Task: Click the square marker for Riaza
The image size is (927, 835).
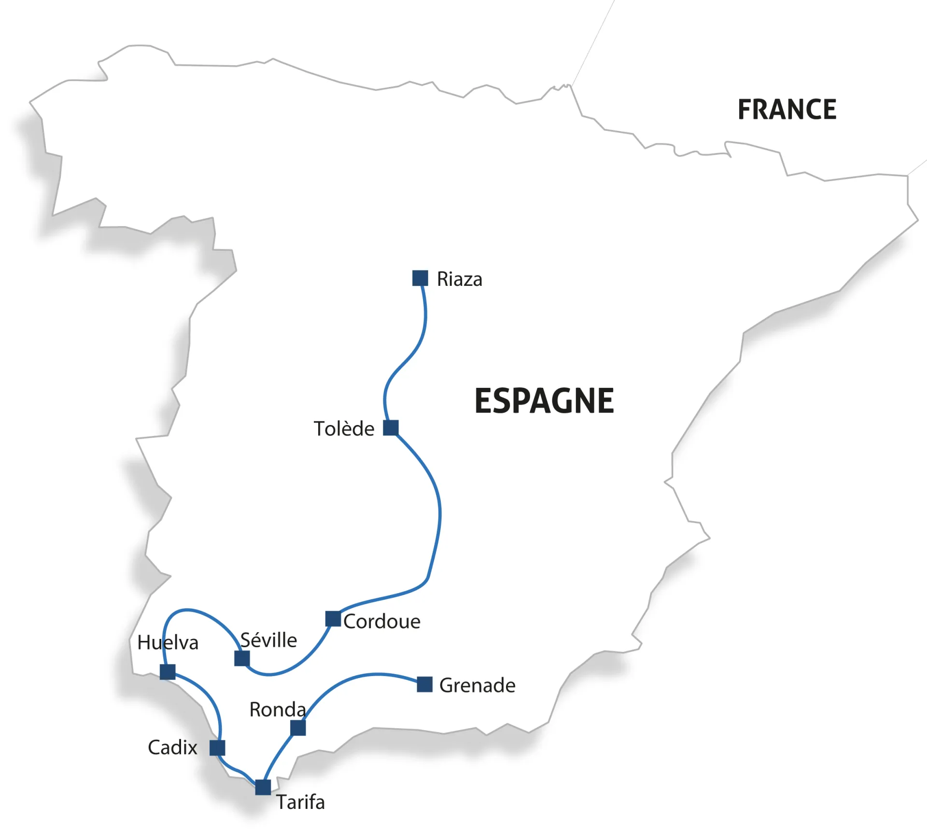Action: [x=420, y=278]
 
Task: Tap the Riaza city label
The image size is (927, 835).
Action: [x=459, y=280]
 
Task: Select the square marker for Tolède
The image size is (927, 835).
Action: [x=391, y=428]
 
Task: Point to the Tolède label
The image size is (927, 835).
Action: [x=344, y=429]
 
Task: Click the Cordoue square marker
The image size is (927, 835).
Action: [x=333, y=619]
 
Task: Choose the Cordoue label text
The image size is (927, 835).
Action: [x=382, y=622]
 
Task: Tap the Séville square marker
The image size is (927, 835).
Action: [x=242, y=658]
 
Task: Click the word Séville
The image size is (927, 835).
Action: [x=268, y=640]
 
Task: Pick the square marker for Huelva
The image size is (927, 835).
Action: [x=168, y=672]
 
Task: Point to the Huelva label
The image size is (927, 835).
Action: [x=168, y=643]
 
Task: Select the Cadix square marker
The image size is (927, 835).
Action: [x=217, y=748]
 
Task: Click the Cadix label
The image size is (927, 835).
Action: [x=172, y=748]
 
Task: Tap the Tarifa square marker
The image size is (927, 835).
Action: [x=263, y=787]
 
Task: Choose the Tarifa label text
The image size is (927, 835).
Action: [x=300, y=802]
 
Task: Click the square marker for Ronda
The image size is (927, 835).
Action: [x=298, y=728]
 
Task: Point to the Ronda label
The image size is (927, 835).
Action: [x=278, y=709]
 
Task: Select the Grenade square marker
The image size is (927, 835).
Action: [x=424, y=684]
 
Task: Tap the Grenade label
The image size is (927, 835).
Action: [x=477, y=685]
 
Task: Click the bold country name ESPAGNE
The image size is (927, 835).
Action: [x=544, y=401]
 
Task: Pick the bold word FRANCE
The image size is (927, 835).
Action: [x=787, y=110]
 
